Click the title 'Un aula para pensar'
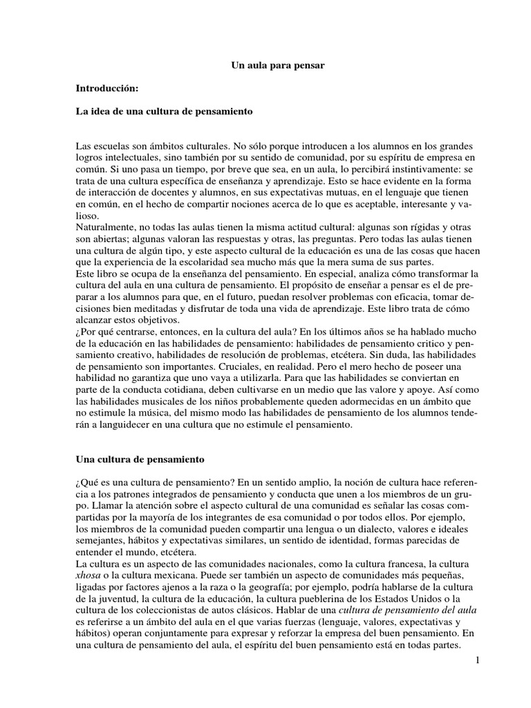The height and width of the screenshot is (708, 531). (x=276, y=66)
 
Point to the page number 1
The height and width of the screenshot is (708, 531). (x=476, y=662)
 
